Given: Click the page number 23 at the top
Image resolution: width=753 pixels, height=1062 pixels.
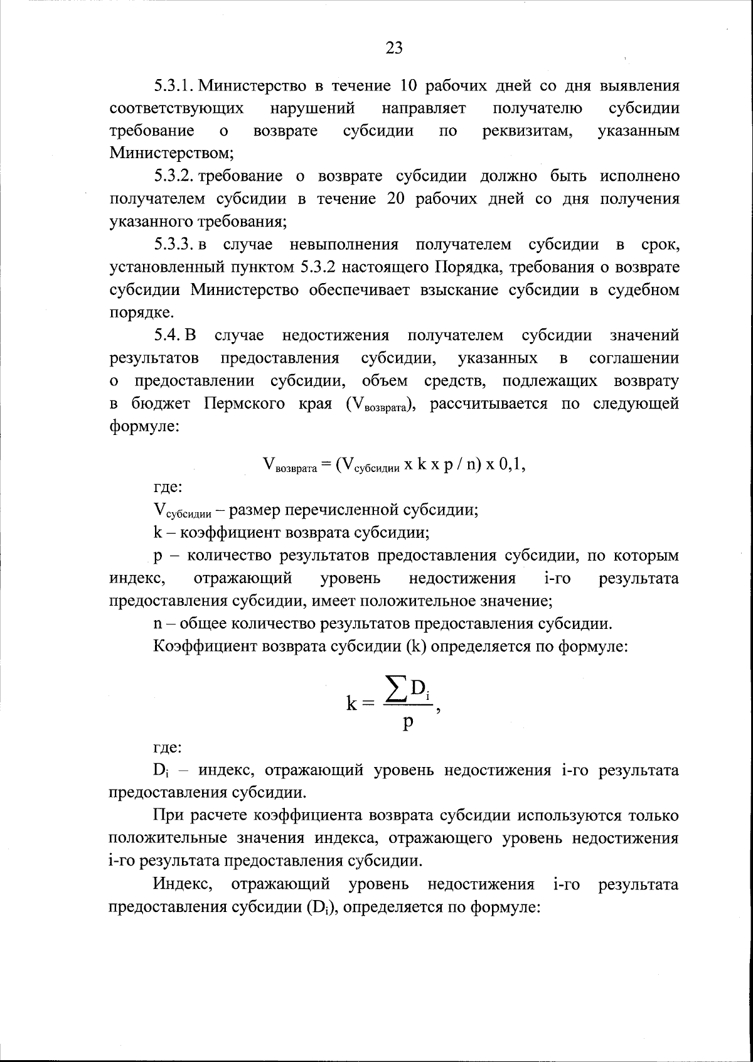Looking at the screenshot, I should (x=393, y=48).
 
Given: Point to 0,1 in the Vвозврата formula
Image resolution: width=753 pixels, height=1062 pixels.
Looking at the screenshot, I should (x=510, y=464).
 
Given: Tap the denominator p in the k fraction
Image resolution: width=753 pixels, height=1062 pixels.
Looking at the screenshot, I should (x=408, y=722).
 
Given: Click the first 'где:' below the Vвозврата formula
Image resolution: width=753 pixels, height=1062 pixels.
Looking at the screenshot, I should (x=168, y=488).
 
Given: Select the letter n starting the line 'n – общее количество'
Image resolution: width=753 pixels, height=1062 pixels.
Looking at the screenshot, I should (x=158, y=624).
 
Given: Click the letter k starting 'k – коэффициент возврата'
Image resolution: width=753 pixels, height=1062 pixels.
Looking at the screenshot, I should (x=158, y=534).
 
